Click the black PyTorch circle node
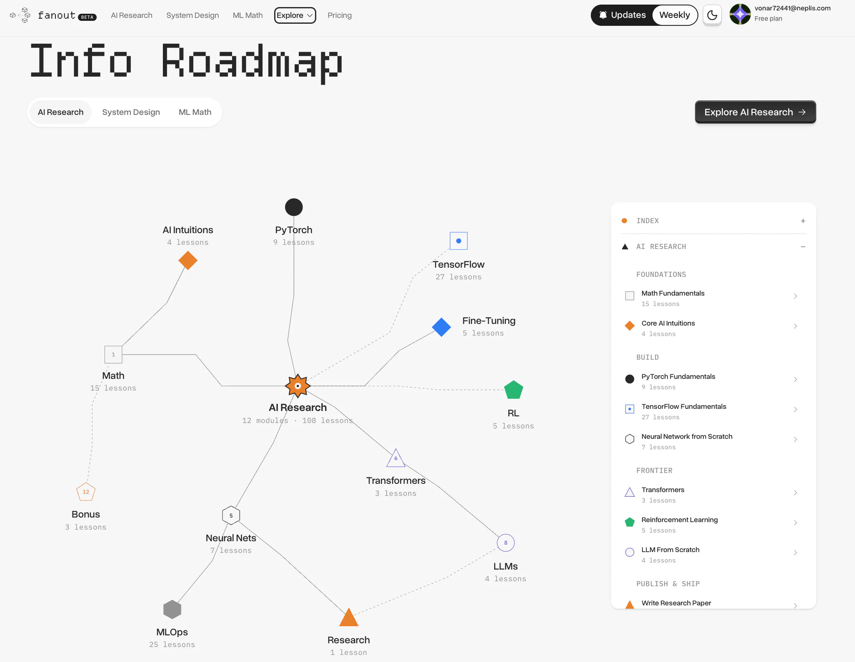coord(294,207)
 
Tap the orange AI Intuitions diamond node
coord(188,261)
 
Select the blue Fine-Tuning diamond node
coord(442,327)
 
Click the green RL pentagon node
coord(514,390)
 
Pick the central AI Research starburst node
coord(297,386)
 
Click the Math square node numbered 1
coord(113,355)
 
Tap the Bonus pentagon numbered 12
coord(86,492)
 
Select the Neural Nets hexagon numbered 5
coord(231,515)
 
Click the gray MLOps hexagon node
coord(172,610)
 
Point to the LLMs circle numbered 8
coord(506,543)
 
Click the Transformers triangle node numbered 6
coord(396,458)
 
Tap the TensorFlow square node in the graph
coord(459,241)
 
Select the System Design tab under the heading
coord(131,112)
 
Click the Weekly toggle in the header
coord(675,15)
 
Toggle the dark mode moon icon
coord(712,15)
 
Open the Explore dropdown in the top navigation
coord(295,15)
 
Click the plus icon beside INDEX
coord(803,221)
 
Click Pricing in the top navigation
coord(340,15)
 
